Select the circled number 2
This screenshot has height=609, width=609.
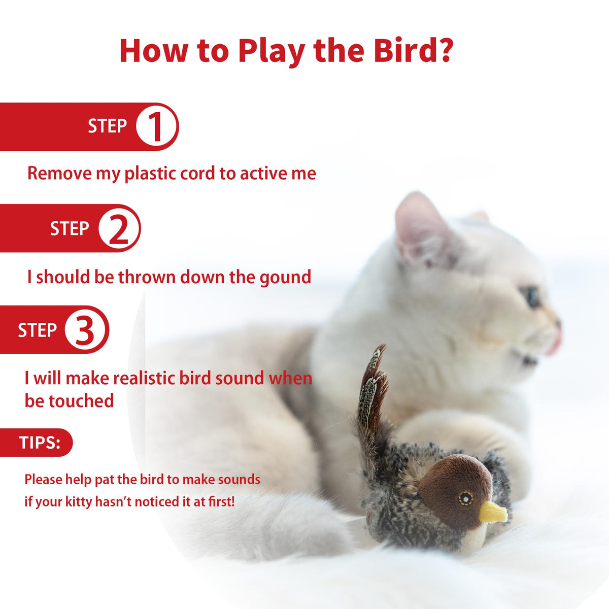(x=119, y=228)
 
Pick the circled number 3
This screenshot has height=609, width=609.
(x=85, y=330)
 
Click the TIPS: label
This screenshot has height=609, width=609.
(x=40, y=443)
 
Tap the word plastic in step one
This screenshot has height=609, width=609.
(x=150, y=174)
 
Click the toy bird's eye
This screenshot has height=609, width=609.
(x=465, y=499)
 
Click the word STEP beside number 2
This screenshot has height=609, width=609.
(x=70, y=228)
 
